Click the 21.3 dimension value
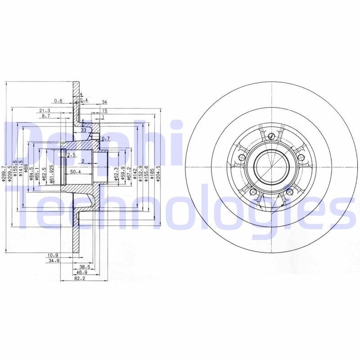[x=45, y=110]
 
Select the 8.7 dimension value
[x=46, y=116]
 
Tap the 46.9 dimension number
[x=81, y=273]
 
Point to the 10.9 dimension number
[x=53, y=255]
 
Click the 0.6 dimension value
[x=58, y=100]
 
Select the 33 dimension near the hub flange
[x=83, y=130]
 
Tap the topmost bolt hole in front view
[x=271, y=136]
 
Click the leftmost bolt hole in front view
[x=242, y=157]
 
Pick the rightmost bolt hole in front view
[x=301, y=157]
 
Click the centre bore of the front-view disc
[x=272, y=166]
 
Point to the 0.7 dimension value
[x=106, y=139]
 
